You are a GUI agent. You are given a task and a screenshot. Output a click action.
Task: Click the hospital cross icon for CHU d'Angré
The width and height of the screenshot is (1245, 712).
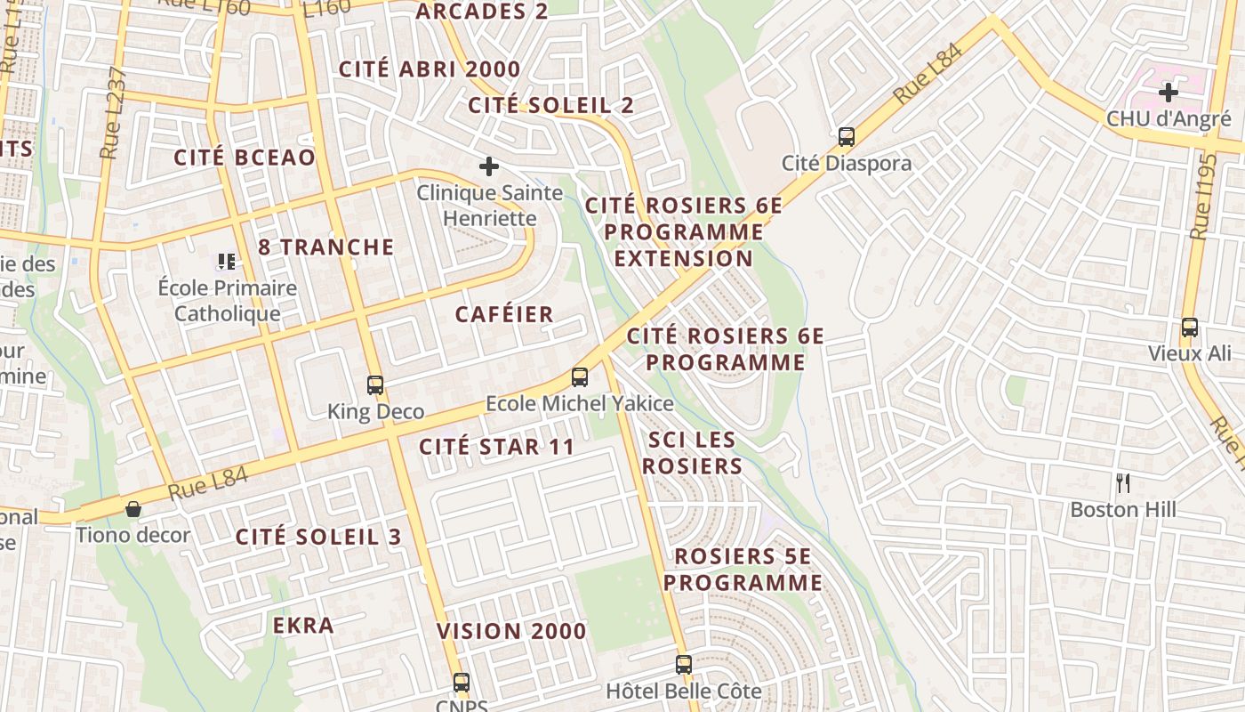(x=1168, y=92)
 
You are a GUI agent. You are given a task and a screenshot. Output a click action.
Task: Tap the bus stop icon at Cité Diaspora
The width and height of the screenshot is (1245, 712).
(x=847, y=137)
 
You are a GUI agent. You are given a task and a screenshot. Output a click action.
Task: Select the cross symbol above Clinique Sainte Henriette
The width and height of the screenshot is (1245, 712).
(x=488, y=166)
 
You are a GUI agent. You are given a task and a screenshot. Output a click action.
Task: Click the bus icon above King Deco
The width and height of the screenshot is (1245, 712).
(x=375, y=385)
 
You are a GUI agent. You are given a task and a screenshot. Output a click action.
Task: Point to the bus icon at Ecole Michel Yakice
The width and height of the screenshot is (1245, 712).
(x=580, y=377)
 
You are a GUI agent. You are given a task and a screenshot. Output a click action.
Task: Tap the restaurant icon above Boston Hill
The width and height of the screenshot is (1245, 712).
(x=1123, y=483)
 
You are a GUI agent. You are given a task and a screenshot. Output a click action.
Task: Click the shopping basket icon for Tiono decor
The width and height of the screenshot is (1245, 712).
(x=133, y=509)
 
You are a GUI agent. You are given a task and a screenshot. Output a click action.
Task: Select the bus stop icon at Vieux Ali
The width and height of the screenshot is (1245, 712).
(x=1190, y=328)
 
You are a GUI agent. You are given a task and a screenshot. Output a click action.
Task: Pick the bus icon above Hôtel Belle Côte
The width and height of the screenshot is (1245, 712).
(x=683, y=665)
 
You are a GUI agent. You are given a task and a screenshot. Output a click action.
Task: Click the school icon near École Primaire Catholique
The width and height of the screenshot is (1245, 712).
(x=227, y=262)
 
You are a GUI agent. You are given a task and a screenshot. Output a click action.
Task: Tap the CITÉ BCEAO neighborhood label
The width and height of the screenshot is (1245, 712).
(x=245, y=158)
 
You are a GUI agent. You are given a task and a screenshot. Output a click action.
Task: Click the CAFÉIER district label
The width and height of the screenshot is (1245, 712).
(x=504, y=314)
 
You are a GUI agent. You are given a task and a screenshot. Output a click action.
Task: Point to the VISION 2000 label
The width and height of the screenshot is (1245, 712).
(x=511, y=631)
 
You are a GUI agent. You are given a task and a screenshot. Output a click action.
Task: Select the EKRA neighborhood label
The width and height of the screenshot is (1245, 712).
(x=303, y=626)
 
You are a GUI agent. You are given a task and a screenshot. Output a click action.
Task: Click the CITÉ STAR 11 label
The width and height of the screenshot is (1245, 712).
(x=496, y=447)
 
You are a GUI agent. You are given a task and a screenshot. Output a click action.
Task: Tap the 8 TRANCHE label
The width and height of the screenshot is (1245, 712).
(x=325, y=247)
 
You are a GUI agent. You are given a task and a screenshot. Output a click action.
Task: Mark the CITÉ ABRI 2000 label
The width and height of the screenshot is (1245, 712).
(x=430, y=69)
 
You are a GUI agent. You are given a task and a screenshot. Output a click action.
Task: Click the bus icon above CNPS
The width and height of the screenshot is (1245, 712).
(x=461, y=683)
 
